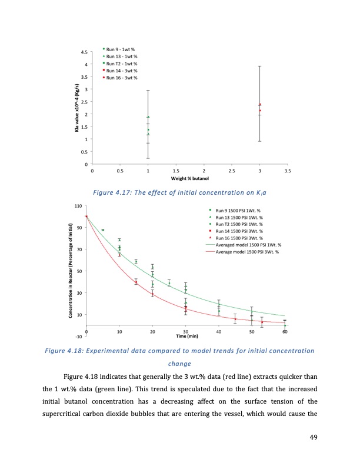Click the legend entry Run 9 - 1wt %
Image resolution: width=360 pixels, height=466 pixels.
tap(122, 49)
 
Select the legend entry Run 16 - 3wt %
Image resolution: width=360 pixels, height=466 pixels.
tap(122, 77)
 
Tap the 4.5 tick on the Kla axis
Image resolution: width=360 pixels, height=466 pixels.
tap(85, 52)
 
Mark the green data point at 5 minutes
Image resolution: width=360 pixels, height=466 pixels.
tap(103, 230)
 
